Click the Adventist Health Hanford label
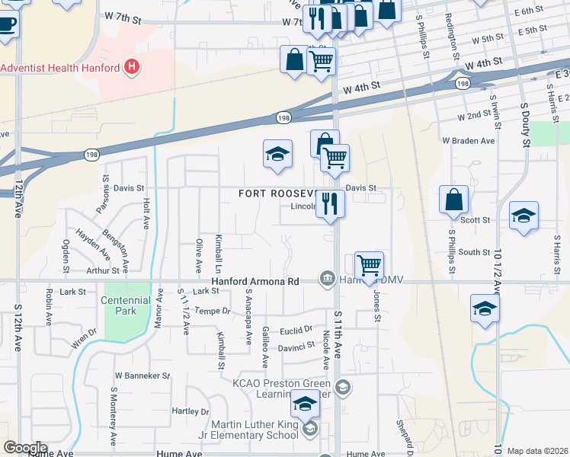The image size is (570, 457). pos(60,68)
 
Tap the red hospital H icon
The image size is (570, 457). pos(133,67)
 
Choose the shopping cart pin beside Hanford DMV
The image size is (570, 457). pos(369,266)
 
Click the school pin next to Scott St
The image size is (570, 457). pos(524,216)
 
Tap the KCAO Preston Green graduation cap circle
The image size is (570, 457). pos(343,388)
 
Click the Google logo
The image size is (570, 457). pos(25,448)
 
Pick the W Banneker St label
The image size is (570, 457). pos(142,376)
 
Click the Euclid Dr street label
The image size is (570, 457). pos(296,329)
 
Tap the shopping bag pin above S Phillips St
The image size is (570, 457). pos(454,200)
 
